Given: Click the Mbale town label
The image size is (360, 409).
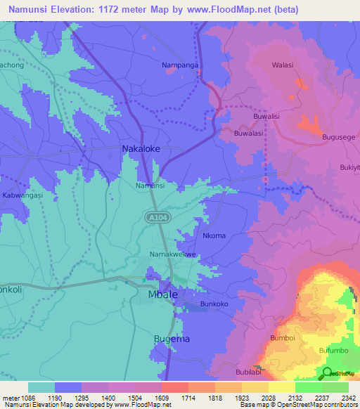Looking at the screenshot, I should (x=162, y=295).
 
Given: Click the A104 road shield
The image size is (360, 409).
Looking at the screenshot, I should (x=156, y=218).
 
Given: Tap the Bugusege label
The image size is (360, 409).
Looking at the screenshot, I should (x=338, y=138).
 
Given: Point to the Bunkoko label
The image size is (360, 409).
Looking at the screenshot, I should (x=215, y=304).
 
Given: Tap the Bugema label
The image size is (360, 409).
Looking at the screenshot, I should (x=171, y=339).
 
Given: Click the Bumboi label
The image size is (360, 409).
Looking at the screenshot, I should (x=282, y=338).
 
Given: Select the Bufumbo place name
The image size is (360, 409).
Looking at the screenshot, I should (x=333, y=349).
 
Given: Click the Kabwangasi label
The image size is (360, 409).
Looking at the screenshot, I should (x=22, y=195).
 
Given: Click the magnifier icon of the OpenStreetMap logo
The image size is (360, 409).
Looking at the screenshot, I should (x=327, y=372).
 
